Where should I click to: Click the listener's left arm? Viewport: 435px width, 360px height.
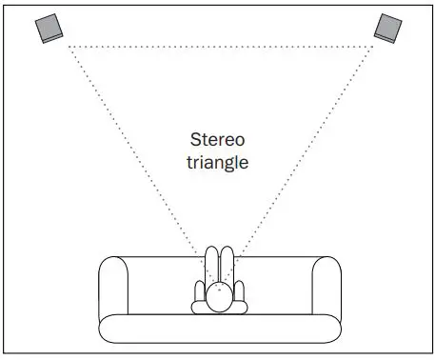coord(199,296)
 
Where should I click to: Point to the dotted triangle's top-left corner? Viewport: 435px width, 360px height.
coord(68,45)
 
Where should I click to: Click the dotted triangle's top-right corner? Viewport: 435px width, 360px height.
coord(371,45)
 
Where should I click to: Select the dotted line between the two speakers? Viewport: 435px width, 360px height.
coord(219,45)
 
